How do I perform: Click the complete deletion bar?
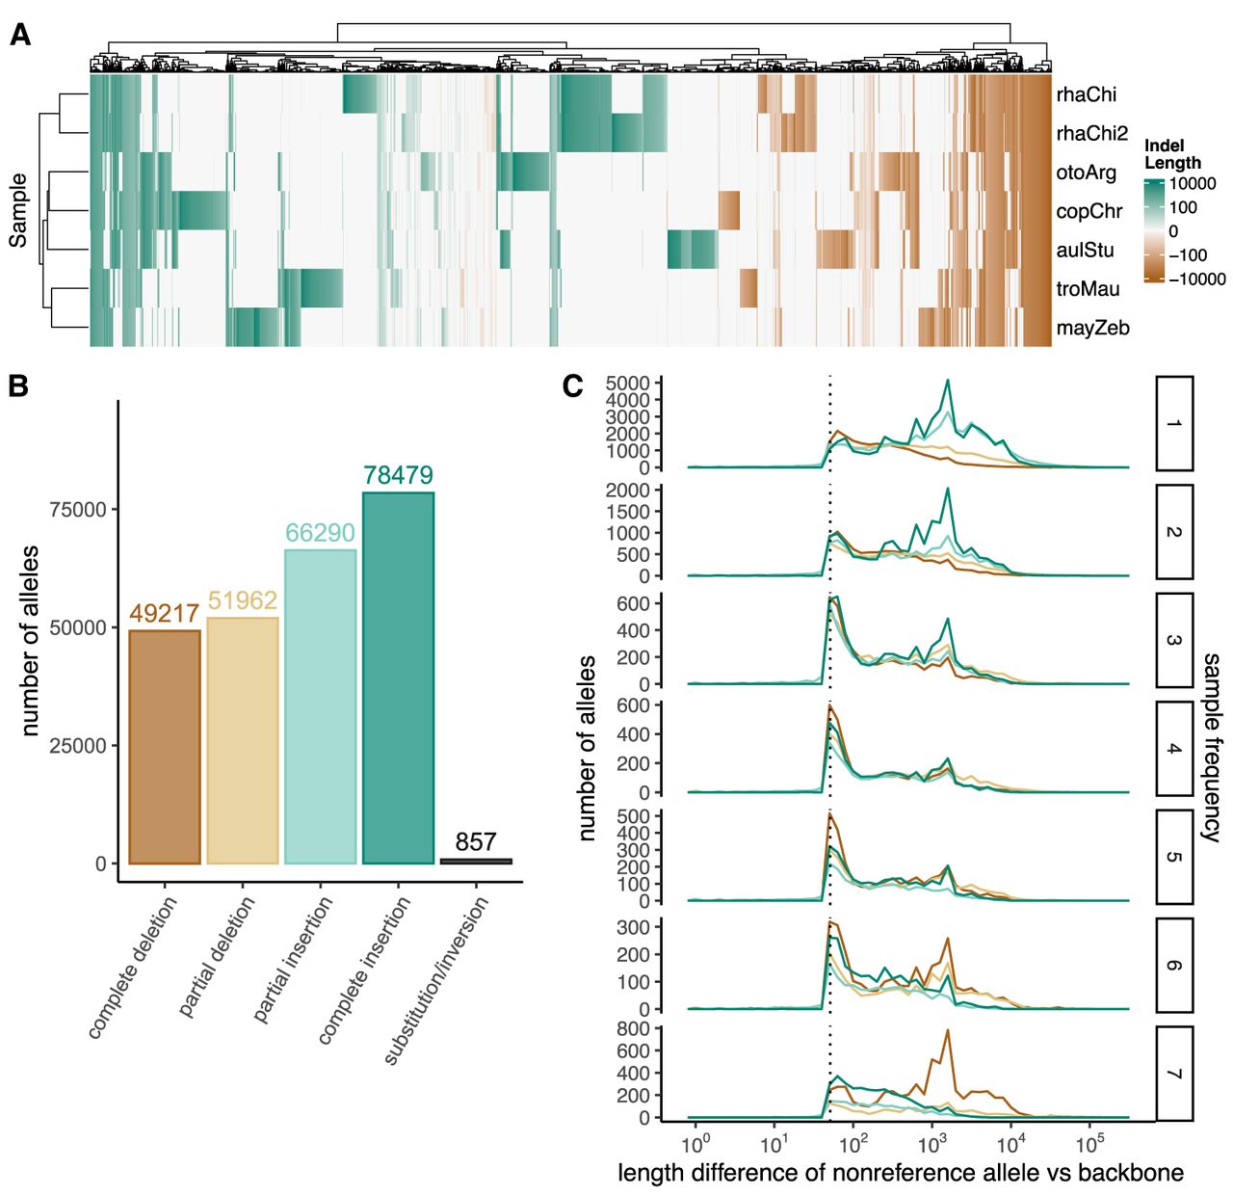165,747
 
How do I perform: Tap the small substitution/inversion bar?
476,861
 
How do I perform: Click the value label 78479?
398,475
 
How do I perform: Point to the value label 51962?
243,600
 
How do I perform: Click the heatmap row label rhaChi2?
1091,134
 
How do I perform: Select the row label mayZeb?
1092,328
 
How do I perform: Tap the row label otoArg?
1086,173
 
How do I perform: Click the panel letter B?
18,385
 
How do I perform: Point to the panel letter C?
572,385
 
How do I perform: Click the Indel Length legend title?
1172,154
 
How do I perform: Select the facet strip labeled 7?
1174,1074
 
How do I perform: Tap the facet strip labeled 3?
1174,640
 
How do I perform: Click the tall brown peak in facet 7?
948,1031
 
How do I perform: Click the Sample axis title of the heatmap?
18,210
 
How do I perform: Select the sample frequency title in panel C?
1211,747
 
